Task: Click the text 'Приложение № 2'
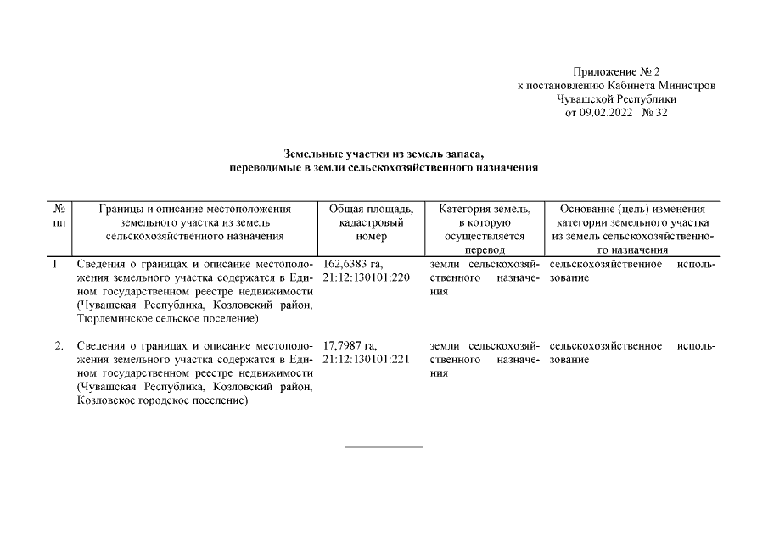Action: (x=617, y=73)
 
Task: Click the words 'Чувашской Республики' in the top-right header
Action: (x=617, y=99)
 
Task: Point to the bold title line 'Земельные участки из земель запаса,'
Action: (x=384, y=154)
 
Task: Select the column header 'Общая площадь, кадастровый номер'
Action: (x=372, y=222)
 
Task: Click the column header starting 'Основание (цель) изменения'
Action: (x=633, y=209)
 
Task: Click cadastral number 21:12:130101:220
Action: (x=367, y=277)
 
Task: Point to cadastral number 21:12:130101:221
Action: (x=367, y=359)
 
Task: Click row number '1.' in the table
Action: (x=57, y=265)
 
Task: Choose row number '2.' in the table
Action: (x=59, y=346)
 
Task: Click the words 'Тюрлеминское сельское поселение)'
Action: (x=167, y=318)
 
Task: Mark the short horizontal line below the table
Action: (x=384, y=445)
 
